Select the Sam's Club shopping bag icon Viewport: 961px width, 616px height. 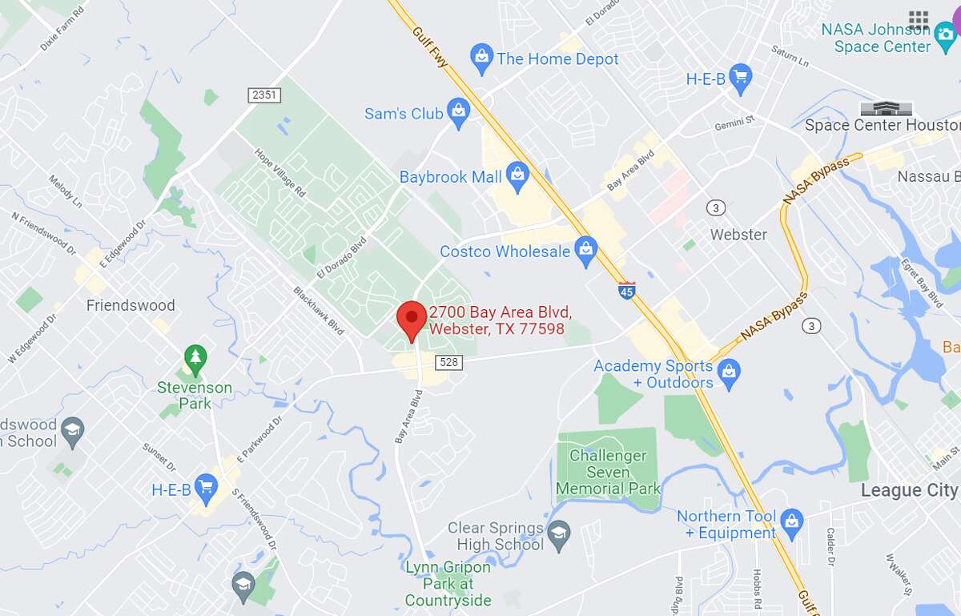(458, 113)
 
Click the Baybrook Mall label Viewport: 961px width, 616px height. (450, 177)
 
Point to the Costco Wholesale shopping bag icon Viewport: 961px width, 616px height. (586, 252)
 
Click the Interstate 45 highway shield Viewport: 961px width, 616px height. (627, 290)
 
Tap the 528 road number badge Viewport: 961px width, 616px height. (449, 362)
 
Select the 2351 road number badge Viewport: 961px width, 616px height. (263, 95)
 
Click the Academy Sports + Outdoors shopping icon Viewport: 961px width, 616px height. (728, 372)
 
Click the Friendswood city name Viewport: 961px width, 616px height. (131, 305)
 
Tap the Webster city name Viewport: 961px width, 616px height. (738, 235)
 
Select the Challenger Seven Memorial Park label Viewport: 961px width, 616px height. (608, 472)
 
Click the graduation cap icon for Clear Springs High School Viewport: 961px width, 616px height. (558, 531)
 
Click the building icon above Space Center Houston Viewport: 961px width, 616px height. (885, 108)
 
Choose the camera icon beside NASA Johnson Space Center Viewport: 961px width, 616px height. (945, 32)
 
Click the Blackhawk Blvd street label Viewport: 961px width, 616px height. (318, 311)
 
